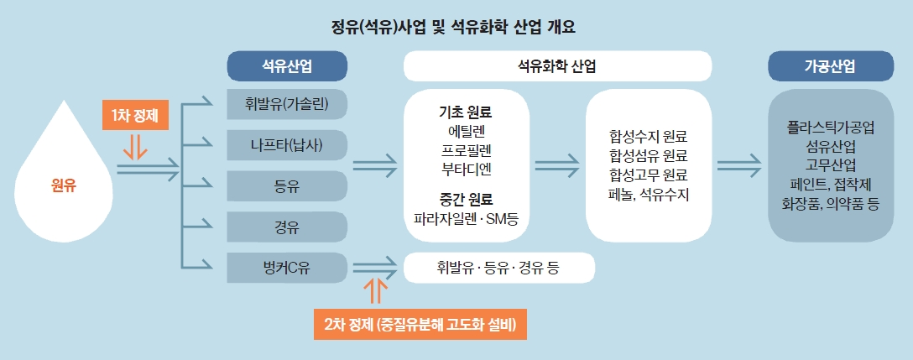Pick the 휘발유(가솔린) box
click(288, 105)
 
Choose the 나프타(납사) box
click(288, 146)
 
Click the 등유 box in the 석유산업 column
click(288, 185)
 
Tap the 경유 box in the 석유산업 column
click(288, 227)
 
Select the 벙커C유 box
click(288, 268)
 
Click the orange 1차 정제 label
click(135, 112)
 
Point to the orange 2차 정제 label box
click(419, 323)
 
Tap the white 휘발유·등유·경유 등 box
click(499, 269)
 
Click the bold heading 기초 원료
click(465, 112)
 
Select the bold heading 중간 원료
click(465, 200)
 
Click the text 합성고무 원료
click(649, 175)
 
